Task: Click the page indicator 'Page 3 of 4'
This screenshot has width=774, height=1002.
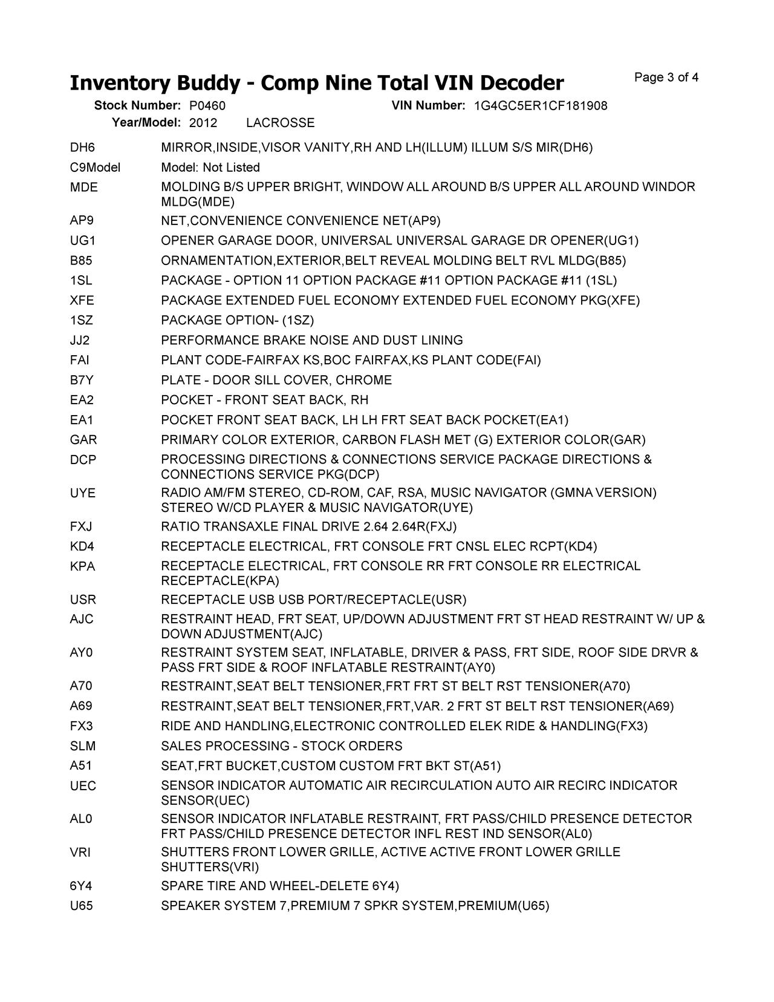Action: click(x=666, y=77)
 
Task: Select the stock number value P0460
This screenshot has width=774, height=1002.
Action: click(x=207, y=106)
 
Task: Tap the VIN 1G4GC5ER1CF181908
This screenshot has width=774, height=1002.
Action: click(x=541, y=106)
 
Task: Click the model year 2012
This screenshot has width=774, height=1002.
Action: click(x=203, y=123)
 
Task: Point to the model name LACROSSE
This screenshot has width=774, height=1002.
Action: click(x=281, y=123)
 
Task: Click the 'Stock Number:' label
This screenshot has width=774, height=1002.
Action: click(x=137, y=106)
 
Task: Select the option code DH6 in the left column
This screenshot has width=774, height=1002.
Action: click(x=83, y=147)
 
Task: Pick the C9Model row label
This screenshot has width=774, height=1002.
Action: click(x=96, y=167)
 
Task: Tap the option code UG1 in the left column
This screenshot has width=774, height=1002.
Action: click(x=83, y=240)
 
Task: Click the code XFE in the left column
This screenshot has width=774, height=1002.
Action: click(x=82, y=300)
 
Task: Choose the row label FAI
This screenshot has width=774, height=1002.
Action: click(x=80, y=360)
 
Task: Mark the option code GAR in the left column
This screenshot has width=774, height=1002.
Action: click(x=83, y=439)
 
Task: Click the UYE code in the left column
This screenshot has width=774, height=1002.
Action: click(x=83, y=493)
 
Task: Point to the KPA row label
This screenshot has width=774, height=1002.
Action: click(x=83, y=566)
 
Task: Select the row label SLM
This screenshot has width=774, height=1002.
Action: click(x=83, y=745)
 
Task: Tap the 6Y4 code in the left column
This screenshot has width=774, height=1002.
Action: click(x=82, y=886)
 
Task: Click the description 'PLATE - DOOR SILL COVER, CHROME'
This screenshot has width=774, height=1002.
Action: click(x=276, y=380)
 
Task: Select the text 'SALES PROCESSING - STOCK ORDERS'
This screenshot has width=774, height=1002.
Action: click(x=282, y=745)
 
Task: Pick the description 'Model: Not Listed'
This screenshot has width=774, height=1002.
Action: click(x=210, y=167)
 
